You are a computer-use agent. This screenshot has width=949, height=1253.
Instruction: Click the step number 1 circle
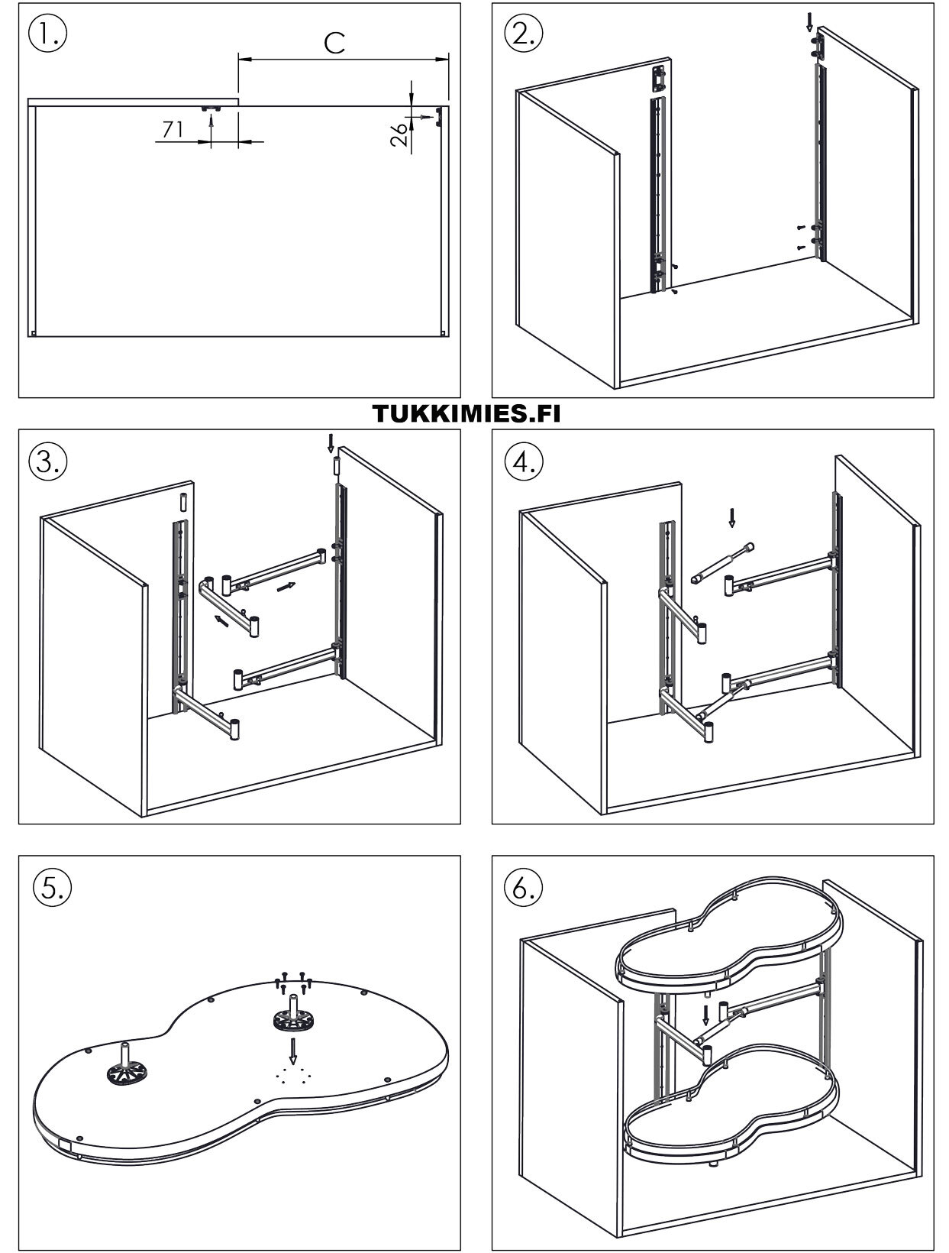(x=47, y=34)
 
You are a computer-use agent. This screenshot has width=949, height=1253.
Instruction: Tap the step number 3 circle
(x=47, y=461)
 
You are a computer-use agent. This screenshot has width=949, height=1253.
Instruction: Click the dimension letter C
(x=334, y=43)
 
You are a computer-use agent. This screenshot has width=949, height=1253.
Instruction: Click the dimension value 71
(x=173, y=130)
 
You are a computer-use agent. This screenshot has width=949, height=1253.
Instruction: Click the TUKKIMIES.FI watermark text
(x=466, y=413)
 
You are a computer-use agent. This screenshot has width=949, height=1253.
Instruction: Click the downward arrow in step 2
(x=810, y=22)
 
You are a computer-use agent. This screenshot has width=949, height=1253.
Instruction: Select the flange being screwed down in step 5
(x=293, y=1018)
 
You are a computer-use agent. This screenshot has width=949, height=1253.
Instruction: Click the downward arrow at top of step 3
(x=331, y=442)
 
